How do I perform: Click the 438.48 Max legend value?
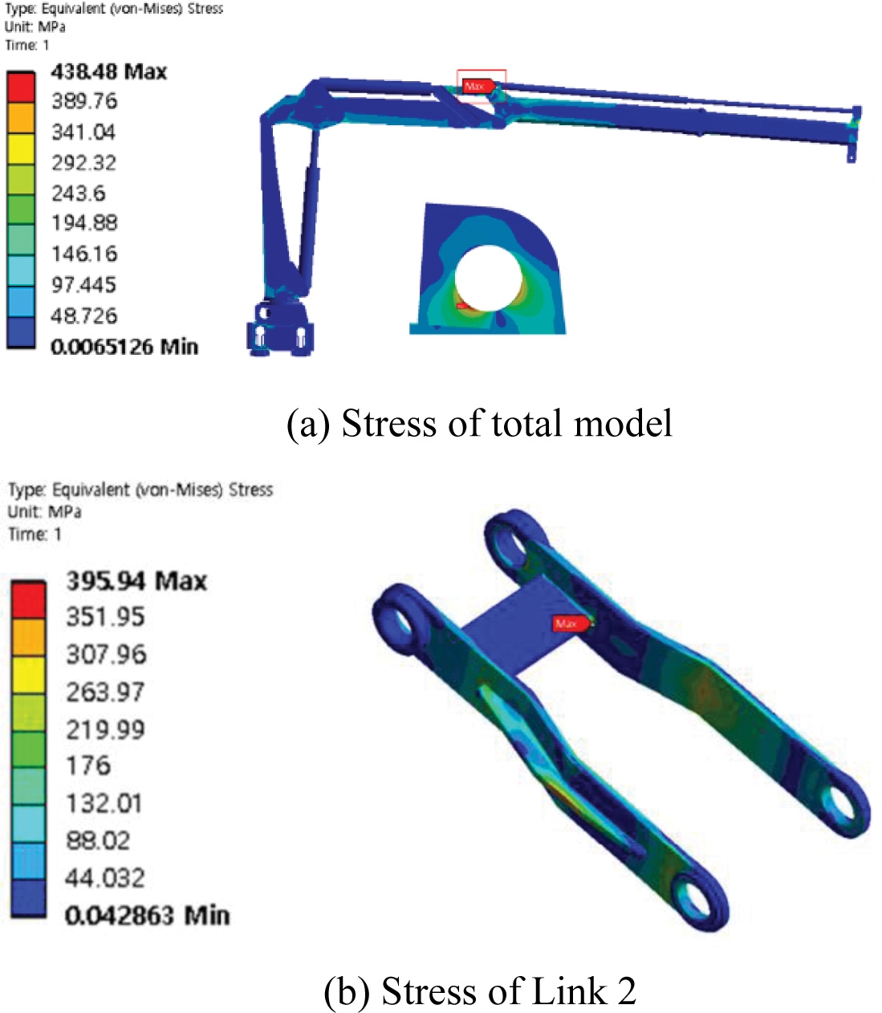109,71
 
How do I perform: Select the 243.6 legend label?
78,193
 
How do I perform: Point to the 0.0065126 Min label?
124,347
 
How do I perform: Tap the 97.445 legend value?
83,285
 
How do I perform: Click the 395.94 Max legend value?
136,581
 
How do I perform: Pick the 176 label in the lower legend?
87,766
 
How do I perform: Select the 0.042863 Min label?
147,915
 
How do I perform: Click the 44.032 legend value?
104,878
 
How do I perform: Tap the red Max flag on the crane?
478,87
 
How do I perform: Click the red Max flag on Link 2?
571,624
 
